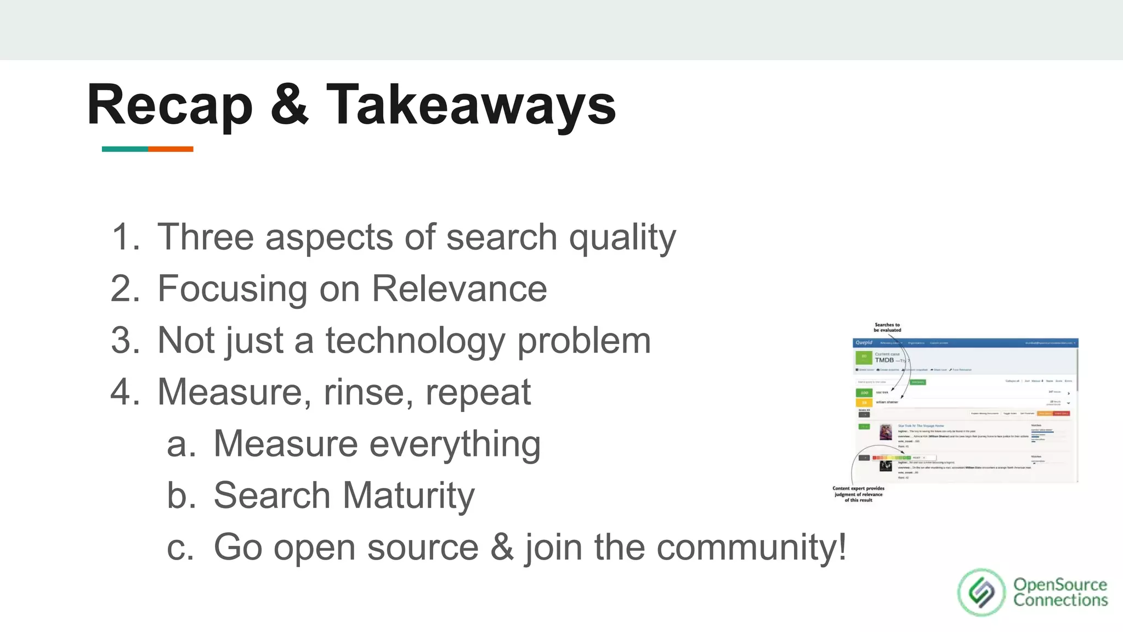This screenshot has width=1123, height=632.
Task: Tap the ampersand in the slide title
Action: coord(289,104)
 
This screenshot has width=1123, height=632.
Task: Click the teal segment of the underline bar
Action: coord(124,149)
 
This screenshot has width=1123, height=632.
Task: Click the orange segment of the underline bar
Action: coord(171,149)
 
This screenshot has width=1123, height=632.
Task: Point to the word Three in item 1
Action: coord(205,237)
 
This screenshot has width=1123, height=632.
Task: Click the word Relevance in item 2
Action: coord(459,289)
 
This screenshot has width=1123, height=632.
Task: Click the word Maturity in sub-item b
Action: coord(408,495)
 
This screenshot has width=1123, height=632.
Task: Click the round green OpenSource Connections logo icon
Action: coord(981,592)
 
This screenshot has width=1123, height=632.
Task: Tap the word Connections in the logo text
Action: coord(1060,600)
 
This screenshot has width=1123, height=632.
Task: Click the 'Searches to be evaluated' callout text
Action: coord(887,328)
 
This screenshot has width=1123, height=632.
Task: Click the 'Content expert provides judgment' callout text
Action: coord(858,494)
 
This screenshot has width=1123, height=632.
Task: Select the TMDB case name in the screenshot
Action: coord(884,360)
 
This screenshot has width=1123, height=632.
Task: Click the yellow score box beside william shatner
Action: coord(864,403)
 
